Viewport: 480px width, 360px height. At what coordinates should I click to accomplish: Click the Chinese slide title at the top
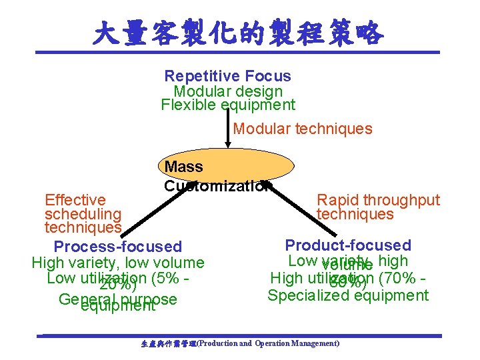click(x=239, y=31)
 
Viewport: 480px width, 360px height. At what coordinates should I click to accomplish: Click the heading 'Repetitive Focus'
click(x=227, y=76)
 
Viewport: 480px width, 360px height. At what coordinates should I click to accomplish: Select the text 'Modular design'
click(x=228, y=91)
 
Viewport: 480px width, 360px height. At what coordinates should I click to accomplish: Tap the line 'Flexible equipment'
click(x=228, y=105)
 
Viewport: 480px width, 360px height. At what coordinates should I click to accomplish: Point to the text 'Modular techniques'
click(x=303, y=129)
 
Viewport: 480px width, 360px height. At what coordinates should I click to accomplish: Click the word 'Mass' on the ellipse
click(x=183, y=166)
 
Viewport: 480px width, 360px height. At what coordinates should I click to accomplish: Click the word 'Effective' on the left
click(x=75, y=200)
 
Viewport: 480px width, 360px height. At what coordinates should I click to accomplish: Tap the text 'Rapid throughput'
click(x=379, y=200)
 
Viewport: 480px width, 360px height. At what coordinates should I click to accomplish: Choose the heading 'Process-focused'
click(x=117, y=247)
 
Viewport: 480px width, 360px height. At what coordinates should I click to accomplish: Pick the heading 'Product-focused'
click(x=348, y=245)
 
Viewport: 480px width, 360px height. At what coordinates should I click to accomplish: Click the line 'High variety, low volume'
click(x=118, y=263)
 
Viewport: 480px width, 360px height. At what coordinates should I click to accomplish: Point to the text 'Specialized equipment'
click(x=348, y=295)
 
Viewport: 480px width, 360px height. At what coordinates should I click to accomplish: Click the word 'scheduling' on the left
click(x=83, y=214)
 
